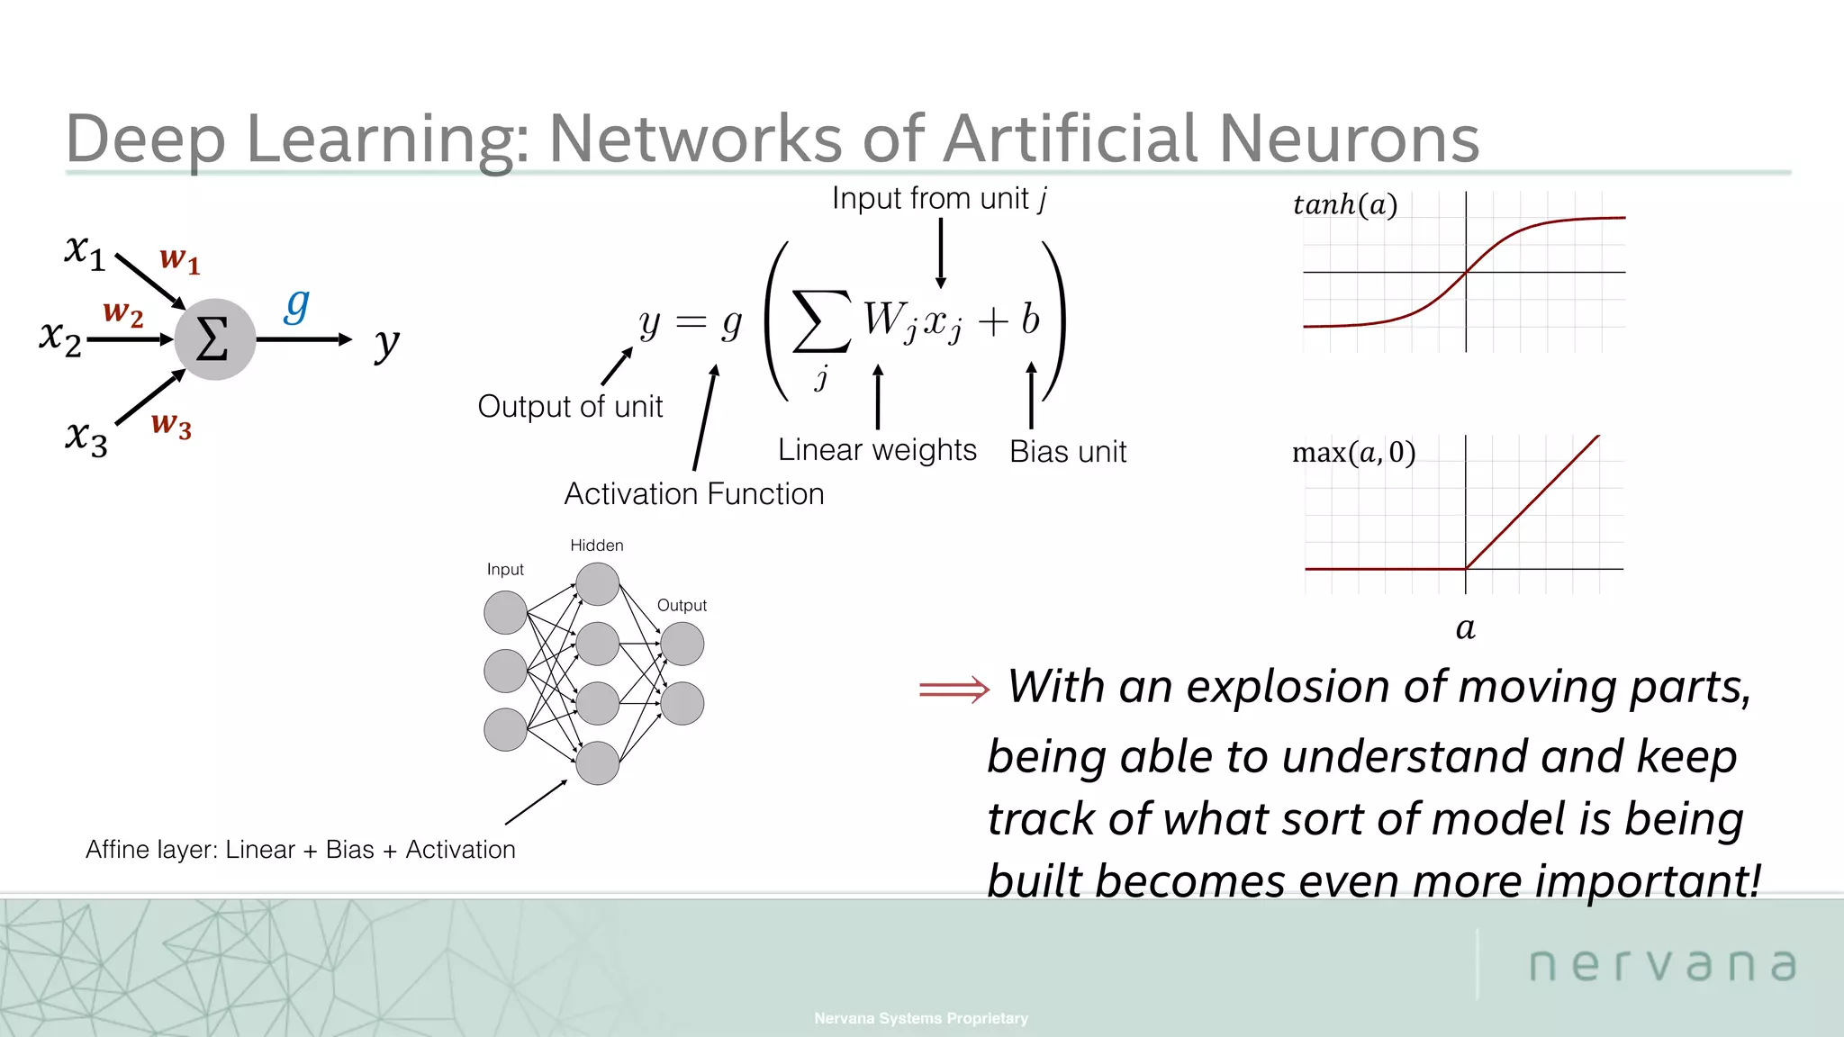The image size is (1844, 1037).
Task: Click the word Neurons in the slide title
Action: pyautogui.click(x=1348, y=139)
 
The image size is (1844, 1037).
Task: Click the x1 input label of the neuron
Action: pyautogui.click(x=85, y=251)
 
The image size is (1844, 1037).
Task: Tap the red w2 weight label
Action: pyautogui.click(x=122, y=312)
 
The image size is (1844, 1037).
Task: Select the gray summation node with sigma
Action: pyautogui.click(x=214, y=339)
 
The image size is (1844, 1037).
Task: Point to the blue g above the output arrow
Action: pyautogui.click(x=296, y=306)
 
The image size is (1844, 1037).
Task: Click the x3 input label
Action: pyautogui.click(x=86, y=438)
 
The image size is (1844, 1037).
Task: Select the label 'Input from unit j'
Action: pyautogui.click(x=939, y=199)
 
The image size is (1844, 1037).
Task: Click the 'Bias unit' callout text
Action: pyautogui.click(x=1067, y=451)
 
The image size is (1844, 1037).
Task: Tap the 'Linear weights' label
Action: pyautogui.click(x=877, y=449)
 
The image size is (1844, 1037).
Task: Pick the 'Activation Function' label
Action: pyautogui.click(x=693, y=493)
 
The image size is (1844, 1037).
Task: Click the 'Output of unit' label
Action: pyautogui.click(x=570, y=406)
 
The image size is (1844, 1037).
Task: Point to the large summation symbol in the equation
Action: pyautogui.click(x=820, y=320)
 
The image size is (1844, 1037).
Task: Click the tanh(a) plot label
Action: pyautogui.click(x=1344, y=205)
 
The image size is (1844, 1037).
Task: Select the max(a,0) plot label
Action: pyautogui.click(x=1353, y=452)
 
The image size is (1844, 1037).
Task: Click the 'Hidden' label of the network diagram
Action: pyautogui.click(x=596, y=546)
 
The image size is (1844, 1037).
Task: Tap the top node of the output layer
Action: pyautogui.click(x=682, y=644)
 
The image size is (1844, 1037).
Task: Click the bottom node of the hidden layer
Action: pyautogui.click(x=597, y=762)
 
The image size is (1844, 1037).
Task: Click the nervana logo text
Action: pyautogui.click(x=1662, y=964)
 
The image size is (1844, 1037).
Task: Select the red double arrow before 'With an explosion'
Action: pyautogui.click(x=954, y=690)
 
